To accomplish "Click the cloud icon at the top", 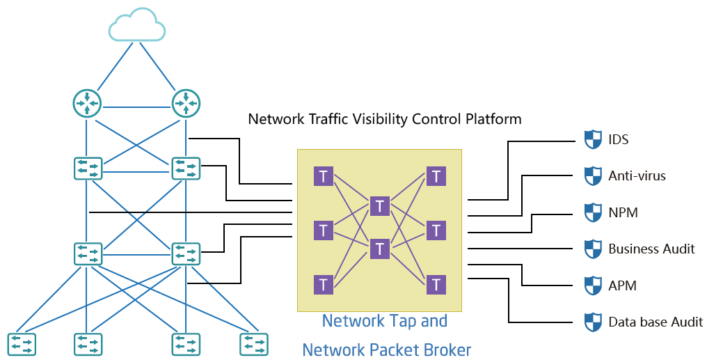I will tap(137, 26).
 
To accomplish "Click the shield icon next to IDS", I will tap(592, 139).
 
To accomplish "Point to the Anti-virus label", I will tap(637, 176).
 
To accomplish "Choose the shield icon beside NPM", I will tap(592, 212).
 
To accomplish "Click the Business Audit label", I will tap(651, 249).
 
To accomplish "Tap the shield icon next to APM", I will tap(592, 285).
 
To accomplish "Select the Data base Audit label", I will tap(656, 322).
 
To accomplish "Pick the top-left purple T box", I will tap(323, 176).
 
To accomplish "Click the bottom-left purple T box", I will tap(323, 284).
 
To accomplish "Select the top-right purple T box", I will tap(436, 176).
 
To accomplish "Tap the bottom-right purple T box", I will tap(436, 284).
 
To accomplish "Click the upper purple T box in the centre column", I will tap(379, 205).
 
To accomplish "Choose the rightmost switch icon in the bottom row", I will tap(253, 344).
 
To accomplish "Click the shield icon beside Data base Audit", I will tap(592, 322).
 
